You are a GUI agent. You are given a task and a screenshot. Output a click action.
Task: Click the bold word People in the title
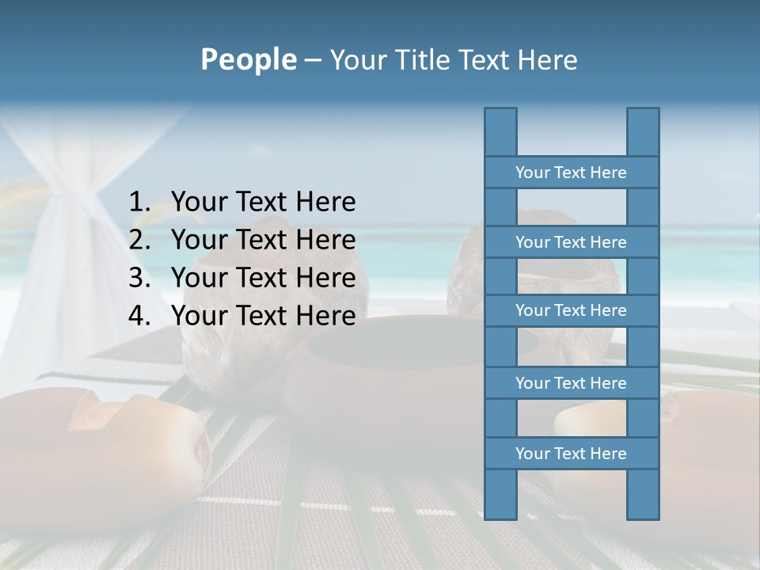[x=248, y=59]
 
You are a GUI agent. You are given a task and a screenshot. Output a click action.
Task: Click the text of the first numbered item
[x=263, y=203]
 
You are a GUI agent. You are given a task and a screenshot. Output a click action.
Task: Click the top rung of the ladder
[x=571, y=173]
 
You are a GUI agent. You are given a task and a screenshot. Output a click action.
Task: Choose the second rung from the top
[x=571, y=242]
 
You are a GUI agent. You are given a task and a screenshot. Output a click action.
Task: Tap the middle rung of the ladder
[x=571, y=310]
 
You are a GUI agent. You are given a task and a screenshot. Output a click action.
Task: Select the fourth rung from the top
[x=571, y=383]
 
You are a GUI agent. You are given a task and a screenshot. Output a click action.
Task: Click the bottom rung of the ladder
[x=571, y=454]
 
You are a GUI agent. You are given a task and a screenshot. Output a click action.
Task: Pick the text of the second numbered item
[x=263, y=241]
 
